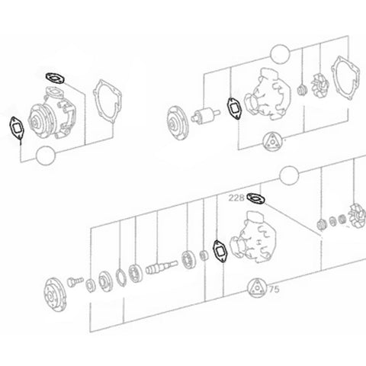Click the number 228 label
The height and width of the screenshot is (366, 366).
coord(236,197)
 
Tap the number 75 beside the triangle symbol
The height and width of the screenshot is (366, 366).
coord(274,289)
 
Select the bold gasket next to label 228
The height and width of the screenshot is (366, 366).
coord(255,198)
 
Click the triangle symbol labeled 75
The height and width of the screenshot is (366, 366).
coord(258,288)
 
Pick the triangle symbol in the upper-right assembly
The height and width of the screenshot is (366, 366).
coord(273,142)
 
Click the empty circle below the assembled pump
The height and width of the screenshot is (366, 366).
coord(46,156)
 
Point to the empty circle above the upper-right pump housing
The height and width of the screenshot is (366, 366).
coord(280,54)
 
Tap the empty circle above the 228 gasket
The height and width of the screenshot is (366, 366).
coord(289,175)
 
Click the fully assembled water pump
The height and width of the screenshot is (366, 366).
coord(52,112)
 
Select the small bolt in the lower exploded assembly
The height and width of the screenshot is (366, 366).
coord(75,281)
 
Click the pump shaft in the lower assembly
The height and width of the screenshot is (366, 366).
coord(162,267)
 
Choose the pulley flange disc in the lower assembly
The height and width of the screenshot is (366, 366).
coord(56,295)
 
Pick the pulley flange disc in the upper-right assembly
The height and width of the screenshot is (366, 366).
coord(178,123)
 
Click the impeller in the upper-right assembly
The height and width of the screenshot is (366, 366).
coord(320,85)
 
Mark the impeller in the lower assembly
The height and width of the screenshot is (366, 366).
coord(357,216)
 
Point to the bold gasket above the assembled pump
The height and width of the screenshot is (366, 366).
coord(55,78)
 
